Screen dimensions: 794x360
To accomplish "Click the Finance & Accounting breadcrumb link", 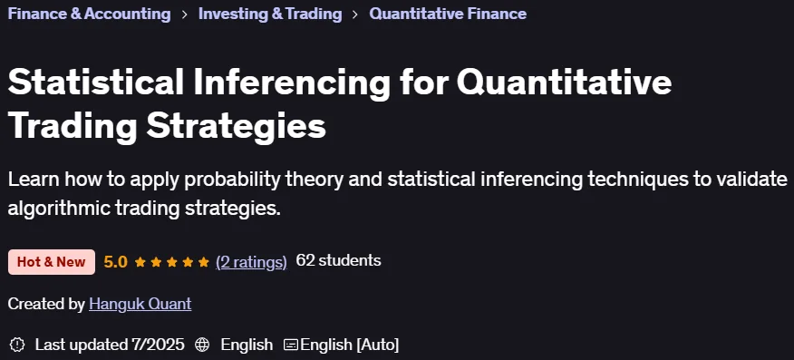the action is tap(89, 14).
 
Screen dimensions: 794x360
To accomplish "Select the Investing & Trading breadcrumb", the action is tap(270, 14).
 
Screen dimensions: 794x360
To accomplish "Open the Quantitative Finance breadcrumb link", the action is tap(448, 14).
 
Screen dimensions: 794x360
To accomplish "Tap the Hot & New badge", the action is tap(51, 262).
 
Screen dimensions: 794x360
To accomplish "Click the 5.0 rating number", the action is tap(115, 262).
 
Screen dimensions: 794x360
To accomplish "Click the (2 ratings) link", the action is tap(251, 262).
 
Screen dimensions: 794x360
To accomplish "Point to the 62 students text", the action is tap(338, 261).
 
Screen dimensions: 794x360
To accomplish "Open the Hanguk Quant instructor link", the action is tap(140, 304).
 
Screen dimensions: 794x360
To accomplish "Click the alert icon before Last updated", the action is tap(17, 345).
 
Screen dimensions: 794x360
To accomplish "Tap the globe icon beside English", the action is tap(202, 345).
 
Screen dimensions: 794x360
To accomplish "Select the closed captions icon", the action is tap(291, 345).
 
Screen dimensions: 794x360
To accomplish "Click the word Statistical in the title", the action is tap(96, 83).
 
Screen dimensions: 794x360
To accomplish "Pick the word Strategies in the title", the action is tap(237, 127).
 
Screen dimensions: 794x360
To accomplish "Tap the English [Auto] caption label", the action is tap(349, 345).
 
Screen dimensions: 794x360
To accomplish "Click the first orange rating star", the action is tap(140, 262).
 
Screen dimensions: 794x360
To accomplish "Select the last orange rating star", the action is tap(204, 262).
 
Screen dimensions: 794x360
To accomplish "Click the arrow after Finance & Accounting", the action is tap(185, 15).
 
